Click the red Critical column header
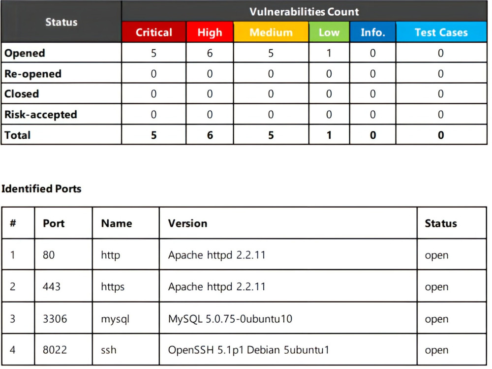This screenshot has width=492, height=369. pyautogui.click(x=154, y=32)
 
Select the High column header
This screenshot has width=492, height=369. pyautogui.click(x=210, y=32)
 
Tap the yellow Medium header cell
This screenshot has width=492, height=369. pyautogui.click(x=271, y=32)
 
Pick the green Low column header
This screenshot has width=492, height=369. pyautogui.click(x=329, y=32)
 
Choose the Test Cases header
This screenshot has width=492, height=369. pyautogui.click(x=441, y=32)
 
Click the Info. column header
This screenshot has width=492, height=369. pyautogui.click(x=373, y=32)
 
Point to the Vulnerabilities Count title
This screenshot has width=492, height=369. pyautogui.click(x=304, y=12)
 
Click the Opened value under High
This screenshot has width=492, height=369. pyautogui.click(x=210, y=53)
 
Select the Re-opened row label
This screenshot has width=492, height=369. pyautogui.click(x=33, y=74)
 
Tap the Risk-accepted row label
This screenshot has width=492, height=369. pyautogui.click(x=41, y=115)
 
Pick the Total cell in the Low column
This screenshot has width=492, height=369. pyautogui.click(x=329, y=135)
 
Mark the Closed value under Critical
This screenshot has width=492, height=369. pyautogui.click(x=154, y=94)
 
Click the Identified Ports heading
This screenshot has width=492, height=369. pyautogui.click(x=41, y=188)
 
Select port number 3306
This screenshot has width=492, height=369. pyautogui.click(x=55, y=319)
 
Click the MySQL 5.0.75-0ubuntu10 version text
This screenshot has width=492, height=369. pyautogui.click(x=230, y=319)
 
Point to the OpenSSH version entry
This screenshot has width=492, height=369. pyautogui.click(x=248, y=350)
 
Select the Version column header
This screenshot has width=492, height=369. pyautogui.click(x=187, y=223)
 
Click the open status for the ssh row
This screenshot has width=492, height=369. pyautogui.click(x=436, y=350)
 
